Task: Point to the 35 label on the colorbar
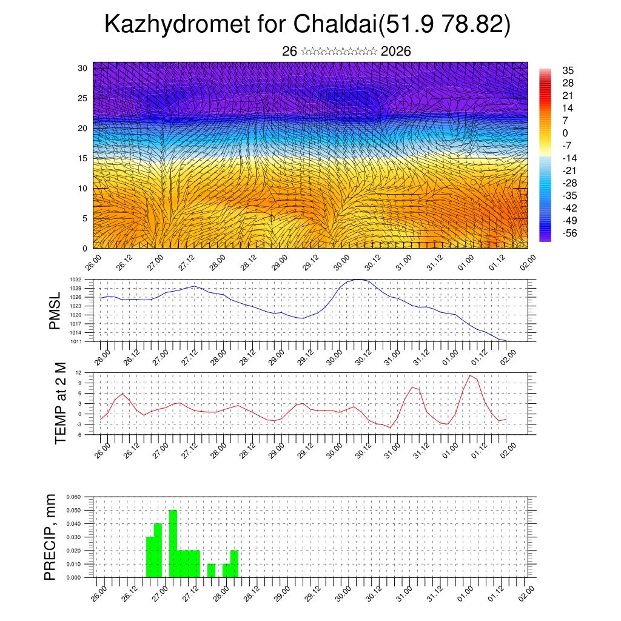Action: pos(568,70)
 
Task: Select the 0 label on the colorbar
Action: pos(565,133)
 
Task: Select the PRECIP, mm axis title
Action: pos(51,537)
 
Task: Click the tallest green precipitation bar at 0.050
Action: pos(173,543)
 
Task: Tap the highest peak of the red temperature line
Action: pos(470,375)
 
